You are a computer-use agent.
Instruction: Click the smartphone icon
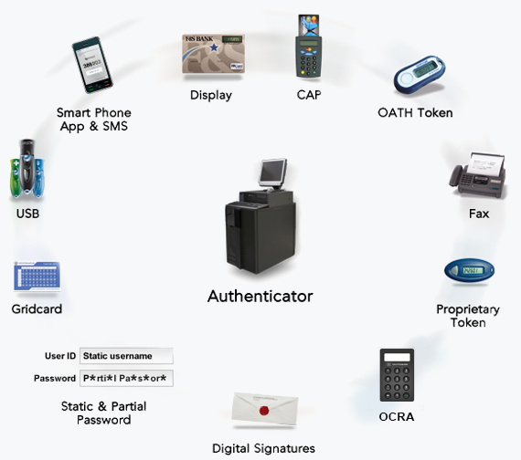click(x=92, y=65)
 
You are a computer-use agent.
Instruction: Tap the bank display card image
click(x=213, y=54)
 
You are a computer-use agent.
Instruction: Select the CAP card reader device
click(x=309, y=47)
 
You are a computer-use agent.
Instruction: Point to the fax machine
click(x=478, y=175)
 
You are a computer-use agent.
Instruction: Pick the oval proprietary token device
click(x=469, y=271)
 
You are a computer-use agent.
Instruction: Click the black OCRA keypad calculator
click(x=397, y=375)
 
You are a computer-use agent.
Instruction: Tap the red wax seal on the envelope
click(x=264, y=411)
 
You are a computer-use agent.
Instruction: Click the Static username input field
click(x=126, y=356)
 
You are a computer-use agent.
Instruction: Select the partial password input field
click(x=126, y=379)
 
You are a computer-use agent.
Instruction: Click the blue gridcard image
click(x=37, y=277)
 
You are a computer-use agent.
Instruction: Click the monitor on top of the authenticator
click(x=273, y=172)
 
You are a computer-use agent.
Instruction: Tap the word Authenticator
click(x=260, y=296)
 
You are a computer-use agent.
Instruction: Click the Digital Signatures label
click(x=263, y=448)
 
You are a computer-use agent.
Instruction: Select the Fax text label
click(x=479, y=214)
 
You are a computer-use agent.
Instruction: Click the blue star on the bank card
click(x=214, y=47)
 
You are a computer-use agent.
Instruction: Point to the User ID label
click(x=60, y=356)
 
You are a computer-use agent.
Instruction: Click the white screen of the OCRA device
click(x=397, y=357)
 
